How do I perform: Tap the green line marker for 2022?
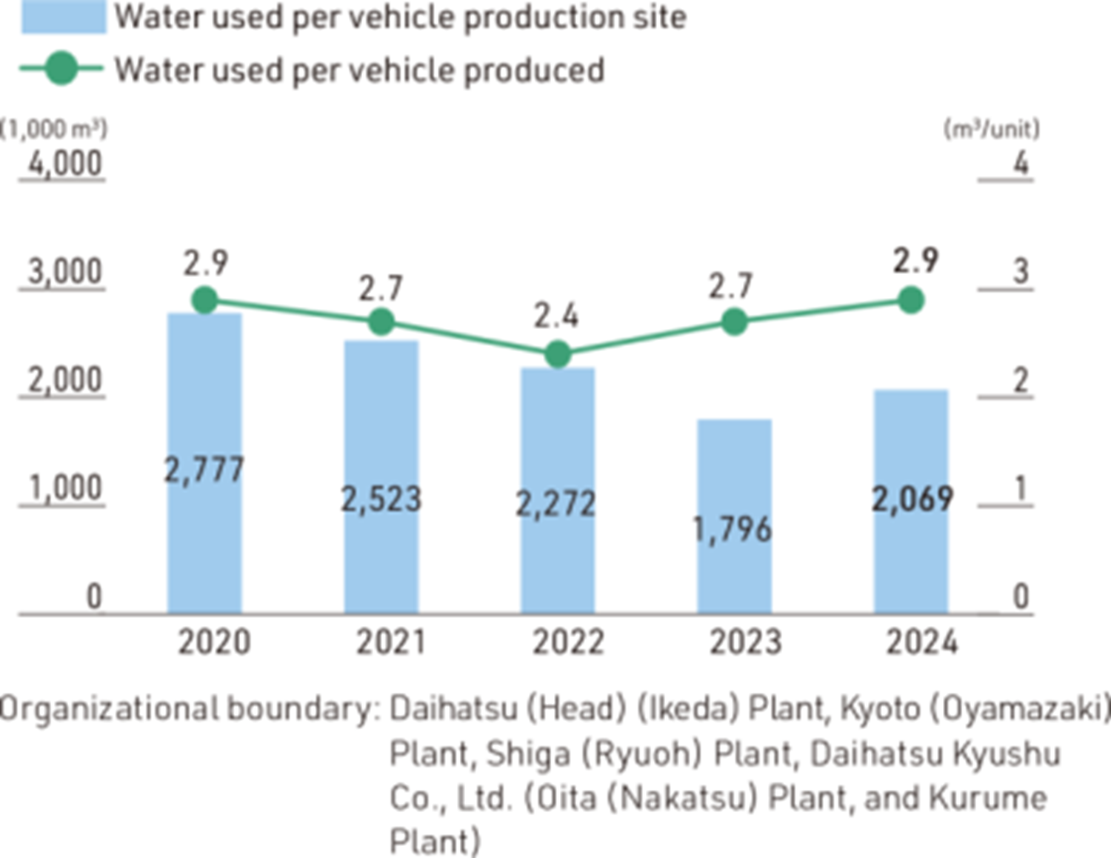[x=558, y=354]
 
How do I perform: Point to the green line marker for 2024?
[x=910, y=300]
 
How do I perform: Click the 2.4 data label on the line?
[x=556, y=316]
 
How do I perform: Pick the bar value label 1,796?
[x=732, y=530]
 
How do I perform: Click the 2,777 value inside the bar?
[x=204, y=470]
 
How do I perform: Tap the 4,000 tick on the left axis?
[x=64, y=164]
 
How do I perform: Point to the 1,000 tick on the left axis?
[x=64, y=489]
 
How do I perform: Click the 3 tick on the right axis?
[x=1021, y=272]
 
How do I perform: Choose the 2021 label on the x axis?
[x=391, y=642]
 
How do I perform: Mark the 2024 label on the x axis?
[x=922, y=642]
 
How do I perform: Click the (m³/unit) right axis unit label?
[x=991, y=130]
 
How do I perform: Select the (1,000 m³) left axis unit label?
[x=53, y=130]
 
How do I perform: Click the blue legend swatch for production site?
[x=64, y=16]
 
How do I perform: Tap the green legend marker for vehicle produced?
[x=61, y=69]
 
